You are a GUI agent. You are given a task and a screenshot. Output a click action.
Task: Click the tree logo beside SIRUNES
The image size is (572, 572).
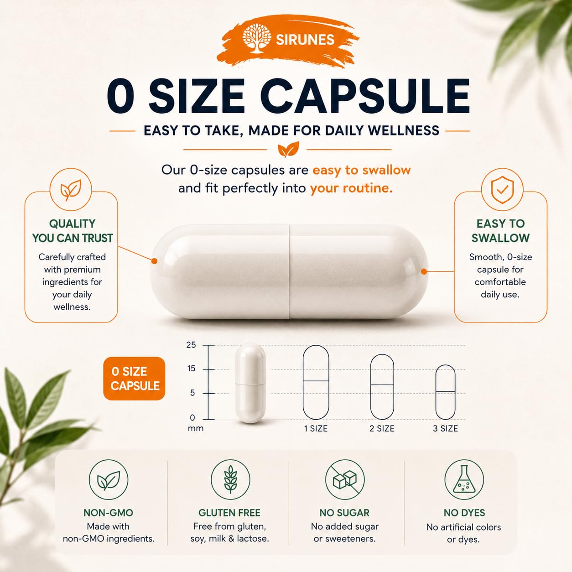(x=257, y=38)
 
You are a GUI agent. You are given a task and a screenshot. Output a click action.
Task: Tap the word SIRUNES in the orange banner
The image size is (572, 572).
(x=305, y=40)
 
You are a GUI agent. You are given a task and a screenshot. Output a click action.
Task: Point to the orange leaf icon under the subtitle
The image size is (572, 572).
(x=288, y=149)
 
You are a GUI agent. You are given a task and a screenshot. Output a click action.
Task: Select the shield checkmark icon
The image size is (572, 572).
(x=502, y=189)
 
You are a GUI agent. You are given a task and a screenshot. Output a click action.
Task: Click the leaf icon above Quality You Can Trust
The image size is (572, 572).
(x=71, y=189)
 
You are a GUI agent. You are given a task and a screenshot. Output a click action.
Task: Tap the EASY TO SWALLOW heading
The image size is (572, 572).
(x=500, y=231)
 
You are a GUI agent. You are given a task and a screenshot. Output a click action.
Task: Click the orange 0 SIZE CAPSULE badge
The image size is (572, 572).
(x=134, y=379)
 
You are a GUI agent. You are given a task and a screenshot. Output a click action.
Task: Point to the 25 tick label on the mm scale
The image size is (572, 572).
(x=191, y=345)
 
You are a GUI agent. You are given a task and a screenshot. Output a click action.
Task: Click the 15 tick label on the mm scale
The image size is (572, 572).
(x=191, y=369)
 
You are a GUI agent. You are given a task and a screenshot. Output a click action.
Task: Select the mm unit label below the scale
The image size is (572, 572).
(x=196, y=428)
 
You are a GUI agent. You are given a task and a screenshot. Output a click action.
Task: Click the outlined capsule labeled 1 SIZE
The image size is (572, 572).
(x=316, y=382)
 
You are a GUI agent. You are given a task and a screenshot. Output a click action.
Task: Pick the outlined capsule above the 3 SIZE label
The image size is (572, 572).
(x=445, y=392)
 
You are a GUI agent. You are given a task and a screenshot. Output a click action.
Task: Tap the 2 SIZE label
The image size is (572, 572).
(x=382, y=428)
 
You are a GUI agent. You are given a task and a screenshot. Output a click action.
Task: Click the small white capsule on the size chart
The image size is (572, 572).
(x=250, y=383)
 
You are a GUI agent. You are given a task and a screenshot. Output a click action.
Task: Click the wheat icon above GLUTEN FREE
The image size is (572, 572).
(x=230, y=479)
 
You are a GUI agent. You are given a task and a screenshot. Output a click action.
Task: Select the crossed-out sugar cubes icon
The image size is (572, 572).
(x=345, y=479)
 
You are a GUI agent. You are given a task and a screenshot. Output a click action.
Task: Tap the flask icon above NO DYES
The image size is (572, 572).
(x=464, y=479)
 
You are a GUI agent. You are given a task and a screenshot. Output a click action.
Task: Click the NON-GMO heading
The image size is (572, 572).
(x=109, y=513)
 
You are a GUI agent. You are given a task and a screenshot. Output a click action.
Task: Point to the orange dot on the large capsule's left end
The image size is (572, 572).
(x=154, y=261)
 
